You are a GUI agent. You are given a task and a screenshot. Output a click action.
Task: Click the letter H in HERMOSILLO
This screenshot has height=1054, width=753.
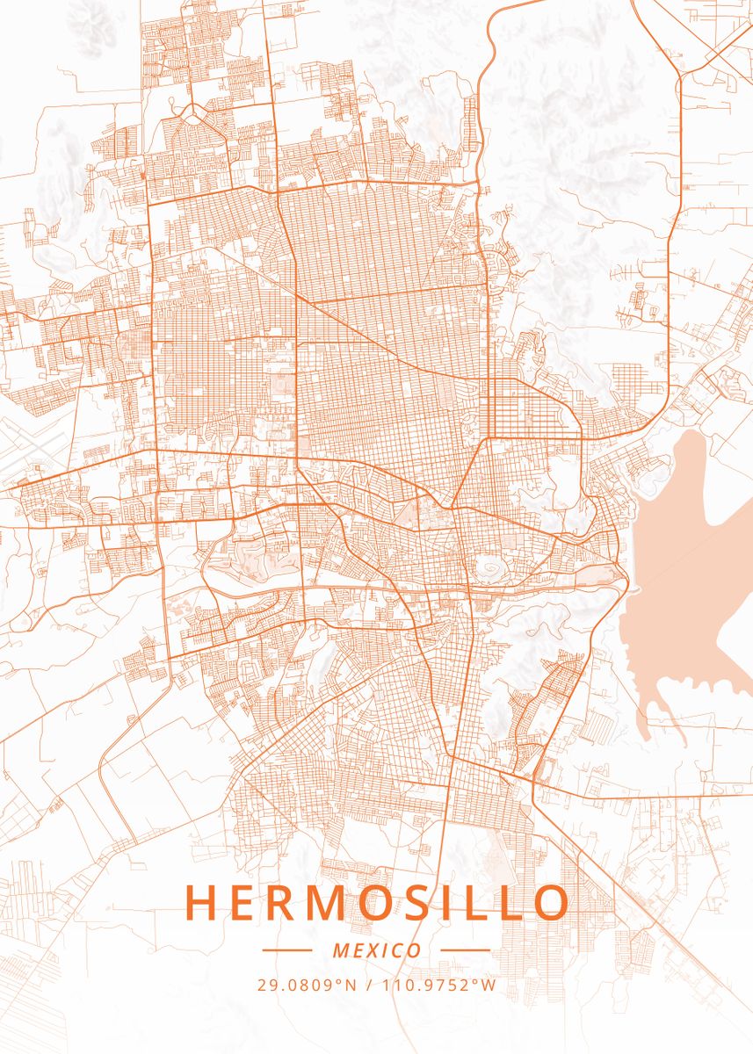(201, 903)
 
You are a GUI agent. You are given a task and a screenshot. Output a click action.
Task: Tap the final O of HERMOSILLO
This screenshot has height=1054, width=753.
(550, 903)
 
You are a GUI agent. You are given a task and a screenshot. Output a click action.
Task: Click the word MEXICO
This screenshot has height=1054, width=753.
(376, 950)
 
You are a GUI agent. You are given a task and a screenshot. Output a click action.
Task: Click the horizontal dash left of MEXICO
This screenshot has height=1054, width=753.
(286, 950)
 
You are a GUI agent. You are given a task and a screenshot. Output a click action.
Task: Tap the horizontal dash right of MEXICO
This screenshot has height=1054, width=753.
(465, 950)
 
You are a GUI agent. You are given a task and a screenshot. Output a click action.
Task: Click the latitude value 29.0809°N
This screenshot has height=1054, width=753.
(307, 985)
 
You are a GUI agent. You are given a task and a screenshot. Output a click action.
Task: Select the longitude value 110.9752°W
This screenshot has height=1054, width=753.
(438, 985)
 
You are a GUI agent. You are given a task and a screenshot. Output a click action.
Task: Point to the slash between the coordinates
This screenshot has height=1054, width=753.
(367, 985)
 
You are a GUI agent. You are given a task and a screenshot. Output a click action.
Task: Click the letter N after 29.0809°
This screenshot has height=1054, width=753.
(351, 985)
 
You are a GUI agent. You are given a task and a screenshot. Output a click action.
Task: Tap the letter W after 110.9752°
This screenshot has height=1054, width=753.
(489, 985)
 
